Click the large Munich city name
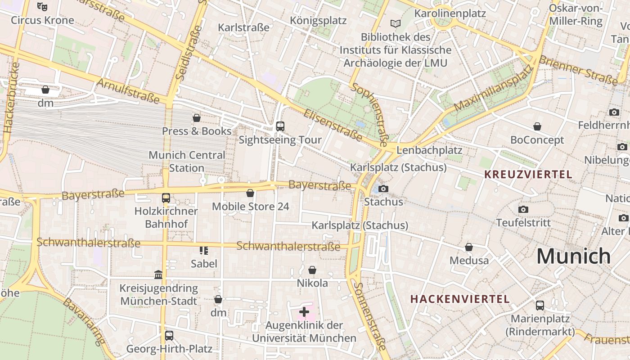tap(573, 256)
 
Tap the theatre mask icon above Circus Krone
tap(42, 6)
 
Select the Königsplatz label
tap(318, 21)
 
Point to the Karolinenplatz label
tap(450, 13)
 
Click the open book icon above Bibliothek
tap(396, 23)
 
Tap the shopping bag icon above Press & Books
tap(197, 118)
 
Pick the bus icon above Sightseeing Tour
tap(280, 126)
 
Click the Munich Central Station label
tap(187, 161)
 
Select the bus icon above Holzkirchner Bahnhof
tap(166, 198)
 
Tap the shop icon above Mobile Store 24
tap(250, 193)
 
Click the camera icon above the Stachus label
tap(383, 189)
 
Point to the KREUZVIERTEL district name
tap(528, 174)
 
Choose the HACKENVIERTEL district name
tap(460, 299)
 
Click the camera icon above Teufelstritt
tap(523, 209)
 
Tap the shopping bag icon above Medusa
tap(469, 247)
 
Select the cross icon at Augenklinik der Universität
tap(304, 311)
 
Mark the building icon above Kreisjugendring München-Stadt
tap(158, 274)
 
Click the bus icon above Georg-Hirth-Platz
tap(169, 335)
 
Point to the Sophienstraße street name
tap(369, 115)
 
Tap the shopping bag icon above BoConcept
tap(537, 126)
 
